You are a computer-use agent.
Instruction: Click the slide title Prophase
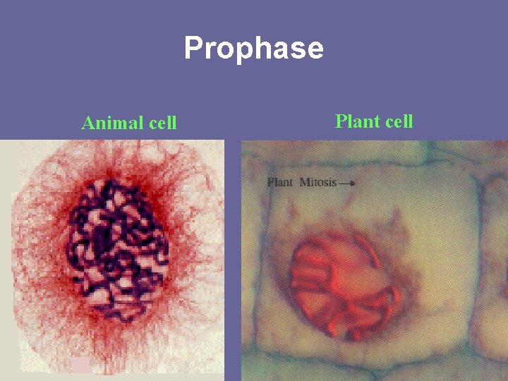[x=253, y=49]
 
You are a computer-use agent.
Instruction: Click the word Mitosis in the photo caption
[x=318, y=182]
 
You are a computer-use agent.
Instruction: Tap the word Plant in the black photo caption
[x=280, y=182]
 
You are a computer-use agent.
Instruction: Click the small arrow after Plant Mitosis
[x=347, y=183]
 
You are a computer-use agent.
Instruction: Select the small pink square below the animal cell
[x=81, y=365]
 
